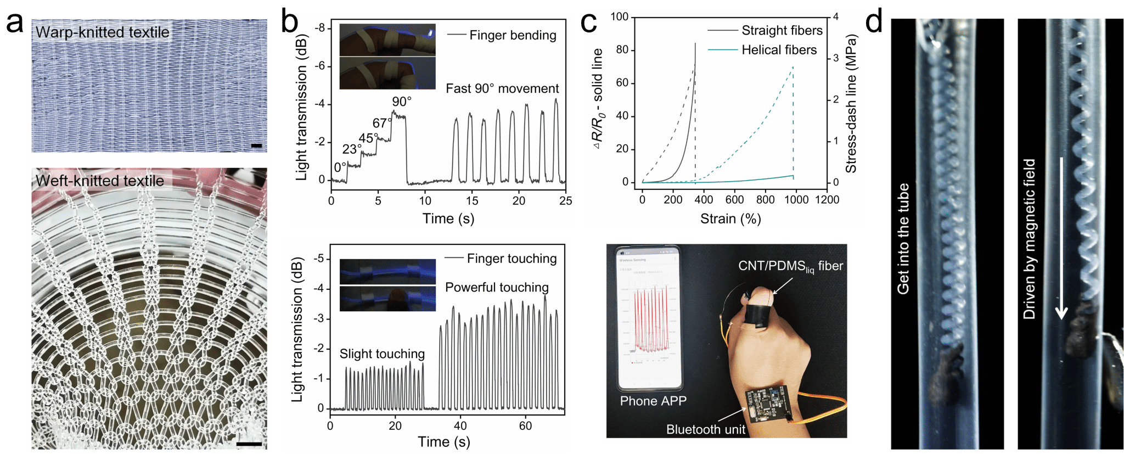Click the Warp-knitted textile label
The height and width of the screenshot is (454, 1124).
click(x=102, y=32)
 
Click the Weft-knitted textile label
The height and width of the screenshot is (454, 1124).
click(x=100, y=181)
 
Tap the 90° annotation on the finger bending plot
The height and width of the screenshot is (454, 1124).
click(x=401, y=102)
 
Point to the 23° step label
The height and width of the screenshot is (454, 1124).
click(x=352, y=149)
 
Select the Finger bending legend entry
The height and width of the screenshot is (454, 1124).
click(x=512, y=35)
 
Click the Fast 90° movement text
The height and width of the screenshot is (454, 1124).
click(x=502, y=88)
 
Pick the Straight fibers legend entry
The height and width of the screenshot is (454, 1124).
click(x=782, y=31)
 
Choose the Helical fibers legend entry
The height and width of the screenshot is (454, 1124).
click(x=779, y=50)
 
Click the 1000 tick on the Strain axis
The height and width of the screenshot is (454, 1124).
click(x=796, y=200)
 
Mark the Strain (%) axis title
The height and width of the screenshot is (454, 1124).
click(x=730, y=218)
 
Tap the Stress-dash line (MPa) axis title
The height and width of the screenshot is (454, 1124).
click(x=851, y=104)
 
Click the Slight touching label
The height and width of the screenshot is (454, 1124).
click(x=382, y=354)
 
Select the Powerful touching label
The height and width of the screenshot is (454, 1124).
click(x=497, y=287)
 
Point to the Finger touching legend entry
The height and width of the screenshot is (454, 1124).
click(x=512, y=259)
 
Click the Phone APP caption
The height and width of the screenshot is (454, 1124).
click(x=653, y=401)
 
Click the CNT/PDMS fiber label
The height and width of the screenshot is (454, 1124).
click(x=790, y=266)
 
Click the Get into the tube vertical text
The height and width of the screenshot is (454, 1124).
click(x=903, y=239)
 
